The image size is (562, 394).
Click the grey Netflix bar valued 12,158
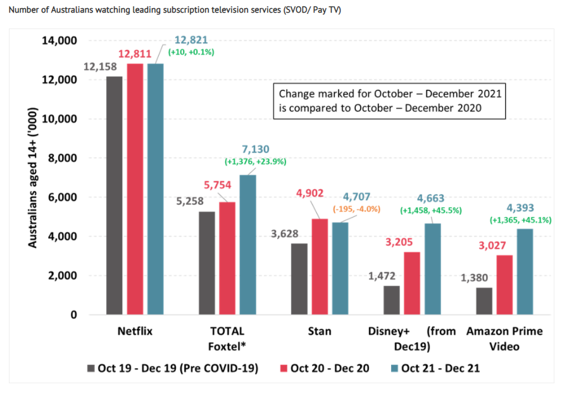click(x=115, y=195)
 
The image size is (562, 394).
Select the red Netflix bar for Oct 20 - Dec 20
click(x=135, y=189)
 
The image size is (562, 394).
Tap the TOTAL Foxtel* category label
click(x=226, y=339)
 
